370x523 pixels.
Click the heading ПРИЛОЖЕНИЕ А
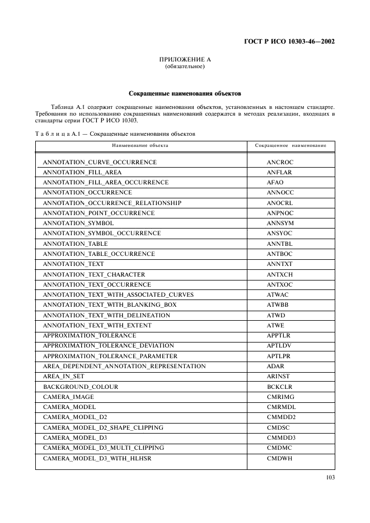[185, 59]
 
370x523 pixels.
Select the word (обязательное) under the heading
[185, 66]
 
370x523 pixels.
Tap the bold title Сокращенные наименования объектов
[185, 93]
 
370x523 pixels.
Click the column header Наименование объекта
[140, 145]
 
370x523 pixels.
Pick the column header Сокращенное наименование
[291, 145]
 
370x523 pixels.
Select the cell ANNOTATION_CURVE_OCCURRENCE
[100, 162]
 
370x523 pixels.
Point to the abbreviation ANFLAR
[279, 172]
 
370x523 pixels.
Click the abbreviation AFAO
[275, 182]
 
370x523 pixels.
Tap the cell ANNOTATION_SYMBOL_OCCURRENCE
[102, 233]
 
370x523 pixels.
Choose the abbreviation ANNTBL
[279, 244]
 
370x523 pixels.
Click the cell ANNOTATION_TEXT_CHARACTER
[94, 274]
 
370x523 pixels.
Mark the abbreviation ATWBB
[278, 305]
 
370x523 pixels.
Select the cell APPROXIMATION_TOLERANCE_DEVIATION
[109, 345]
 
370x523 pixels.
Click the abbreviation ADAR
[275, 366]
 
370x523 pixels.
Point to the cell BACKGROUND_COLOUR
[81, 387]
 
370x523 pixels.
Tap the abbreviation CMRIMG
[280, 397]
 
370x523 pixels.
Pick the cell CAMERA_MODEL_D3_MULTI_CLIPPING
[104, 448]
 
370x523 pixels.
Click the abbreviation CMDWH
[278, 458]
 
